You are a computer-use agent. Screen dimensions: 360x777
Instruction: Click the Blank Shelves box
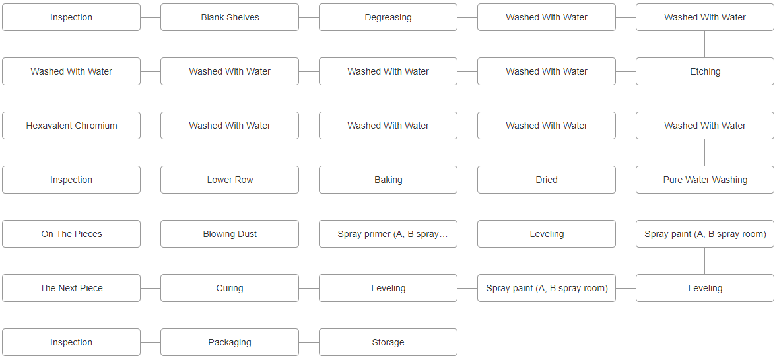(x=230, y=17)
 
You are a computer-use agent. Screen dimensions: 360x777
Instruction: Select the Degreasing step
(x=388, y=17)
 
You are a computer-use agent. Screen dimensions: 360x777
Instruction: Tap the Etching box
(x=705, y=71)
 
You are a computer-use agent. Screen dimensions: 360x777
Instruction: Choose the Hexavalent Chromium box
(x=71, y=126)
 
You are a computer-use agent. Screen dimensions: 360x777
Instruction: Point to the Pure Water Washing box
(x=705, y=180)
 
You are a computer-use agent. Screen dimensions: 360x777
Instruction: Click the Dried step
(x=547, y=180)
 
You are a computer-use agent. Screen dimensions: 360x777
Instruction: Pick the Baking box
(x=388, y=180)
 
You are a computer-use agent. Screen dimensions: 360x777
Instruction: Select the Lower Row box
(x=230, y=180)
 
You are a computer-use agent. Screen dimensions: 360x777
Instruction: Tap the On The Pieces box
(x=71, y=234)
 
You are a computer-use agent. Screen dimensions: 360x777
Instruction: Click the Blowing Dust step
(x=230, y=234)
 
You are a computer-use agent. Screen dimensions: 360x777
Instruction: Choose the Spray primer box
(x=388, y=234)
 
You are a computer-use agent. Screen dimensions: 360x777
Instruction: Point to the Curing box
(x=230, y=288)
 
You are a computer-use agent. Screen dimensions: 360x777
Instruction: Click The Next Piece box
(x=71, y=288)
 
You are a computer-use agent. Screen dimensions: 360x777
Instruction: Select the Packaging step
(x=230, y=342)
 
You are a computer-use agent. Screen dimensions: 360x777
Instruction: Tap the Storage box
(x=388, y=342)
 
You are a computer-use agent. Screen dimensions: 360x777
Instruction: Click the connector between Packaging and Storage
(x=309, y=342)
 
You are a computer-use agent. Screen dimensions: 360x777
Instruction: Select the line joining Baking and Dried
(x=467, y=180)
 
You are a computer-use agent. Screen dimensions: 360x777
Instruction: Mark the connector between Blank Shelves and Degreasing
(x=309, y=17)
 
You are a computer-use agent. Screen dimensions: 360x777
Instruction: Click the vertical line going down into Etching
(x=705, y=44)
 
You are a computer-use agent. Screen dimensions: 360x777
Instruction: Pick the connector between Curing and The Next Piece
(x=151, y=288)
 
